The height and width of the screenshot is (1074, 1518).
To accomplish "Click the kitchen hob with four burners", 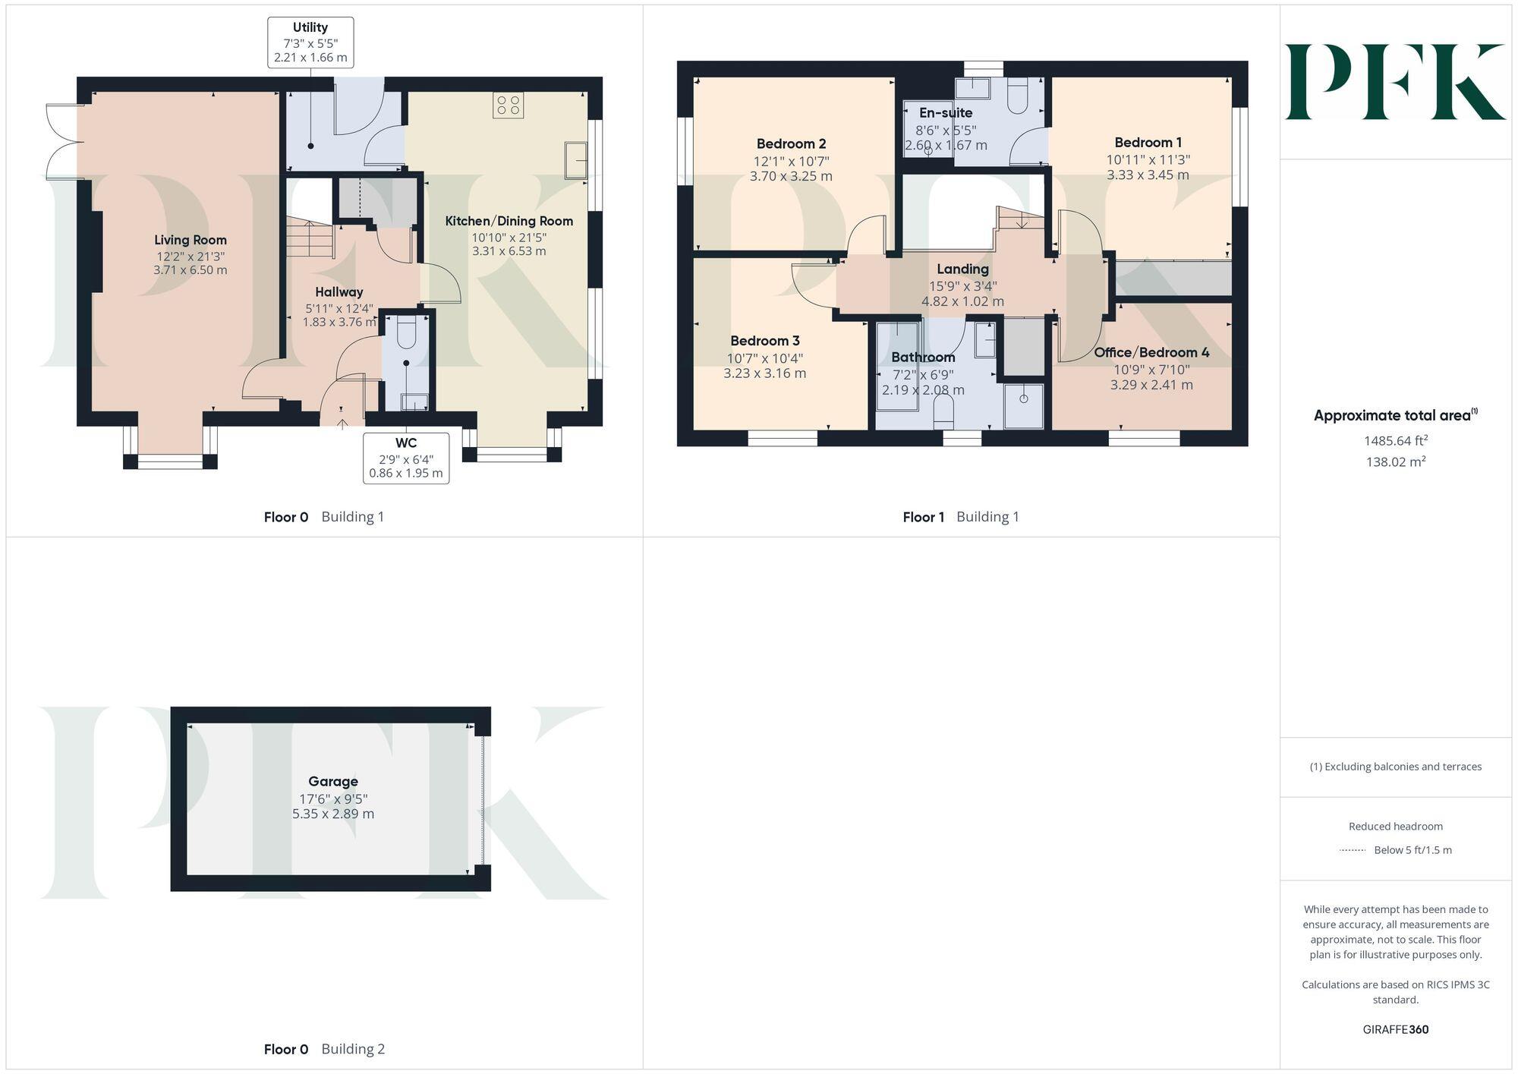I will [508, 106].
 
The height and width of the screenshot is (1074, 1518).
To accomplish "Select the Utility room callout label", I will [310, 43].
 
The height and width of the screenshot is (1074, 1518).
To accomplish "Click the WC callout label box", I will [406, 458].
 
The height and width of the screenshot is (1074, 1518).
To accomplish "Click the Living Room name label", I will [191, 240].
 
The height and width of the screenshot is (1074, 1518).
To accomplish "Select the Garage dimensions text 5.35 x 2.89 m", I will [333, 814].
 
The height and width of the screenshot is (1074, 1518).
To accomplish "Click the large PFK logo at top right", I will [1395, 82].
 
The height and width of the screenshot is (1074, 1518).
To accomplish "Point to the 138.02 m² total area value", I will [1395, 461].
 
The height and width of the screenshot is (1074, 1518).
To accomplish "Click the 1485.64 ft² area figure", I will [1395, 441].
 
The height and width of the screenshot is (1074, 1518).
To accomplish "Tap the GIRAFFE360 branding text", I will [1395, 1029].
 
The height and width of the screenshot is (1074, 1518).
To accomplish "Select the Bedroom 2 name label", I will [791, 143].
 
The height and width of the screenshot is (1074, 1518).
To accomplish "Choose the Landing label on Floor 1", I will [962, 269].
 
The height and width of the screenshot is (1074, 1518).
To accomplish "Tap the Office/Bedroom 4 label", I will [1151, 352].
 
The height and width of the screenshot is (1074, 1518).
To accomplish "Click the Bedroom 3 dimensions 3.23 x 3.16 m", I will [764, 373].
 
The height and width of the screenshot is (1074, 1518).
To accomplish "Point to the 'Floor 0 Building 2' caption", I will [324, 1049].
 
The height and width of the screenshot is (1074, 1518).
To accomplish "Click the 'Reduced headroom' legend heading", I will [1395, 827].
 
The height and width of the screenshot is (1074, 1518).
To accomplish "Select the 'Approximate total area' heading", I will [1395, 415].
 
